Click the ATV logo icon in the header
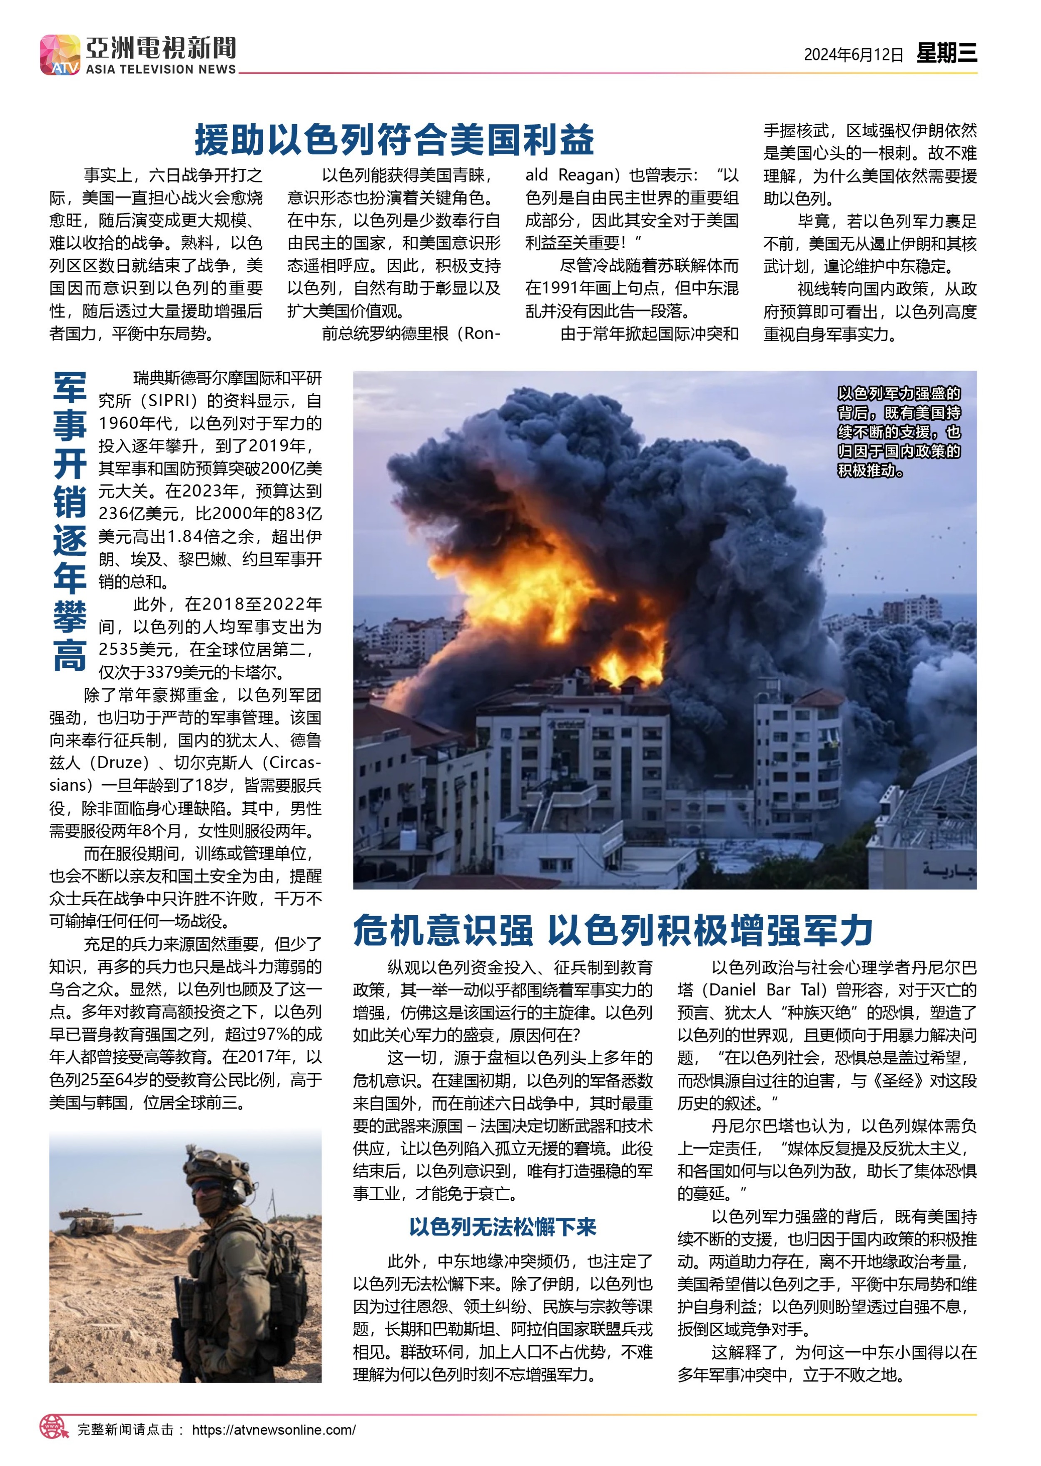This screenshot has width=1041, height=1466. [x=60, y=55]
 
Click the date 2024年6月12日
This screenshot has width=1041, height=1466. [x=853, y=55]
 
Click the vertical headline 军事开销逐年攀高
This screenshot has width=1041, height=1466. [x=70, y=521]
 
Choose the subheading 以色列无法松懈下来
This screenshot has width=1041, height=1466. [x=503, y=1227]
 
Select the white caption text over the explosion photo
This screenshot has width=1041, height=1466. [x=899, y=432]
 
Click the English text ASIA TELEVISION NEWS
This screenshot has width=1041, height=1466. [x=161, y=69]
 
